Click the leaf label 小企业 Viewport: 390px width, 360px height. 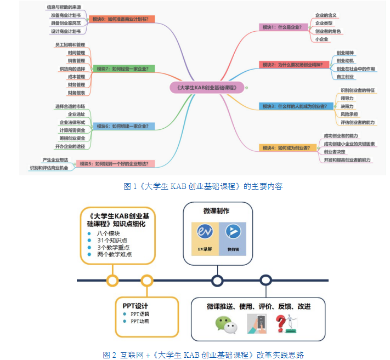point(322,39)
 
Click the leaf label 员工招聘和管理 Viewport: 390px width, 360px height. point(70,44)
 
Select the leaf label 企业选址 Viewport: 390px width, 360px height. point(76,114)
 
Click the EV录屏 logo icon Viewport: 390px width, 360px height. point(204,232)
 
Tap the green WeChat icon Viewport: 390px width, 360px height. point(226,324)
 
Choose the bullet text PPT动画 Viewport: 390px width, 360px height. point(139,321)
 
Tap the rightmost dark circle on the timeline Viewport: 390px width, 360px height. point(266,281)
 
